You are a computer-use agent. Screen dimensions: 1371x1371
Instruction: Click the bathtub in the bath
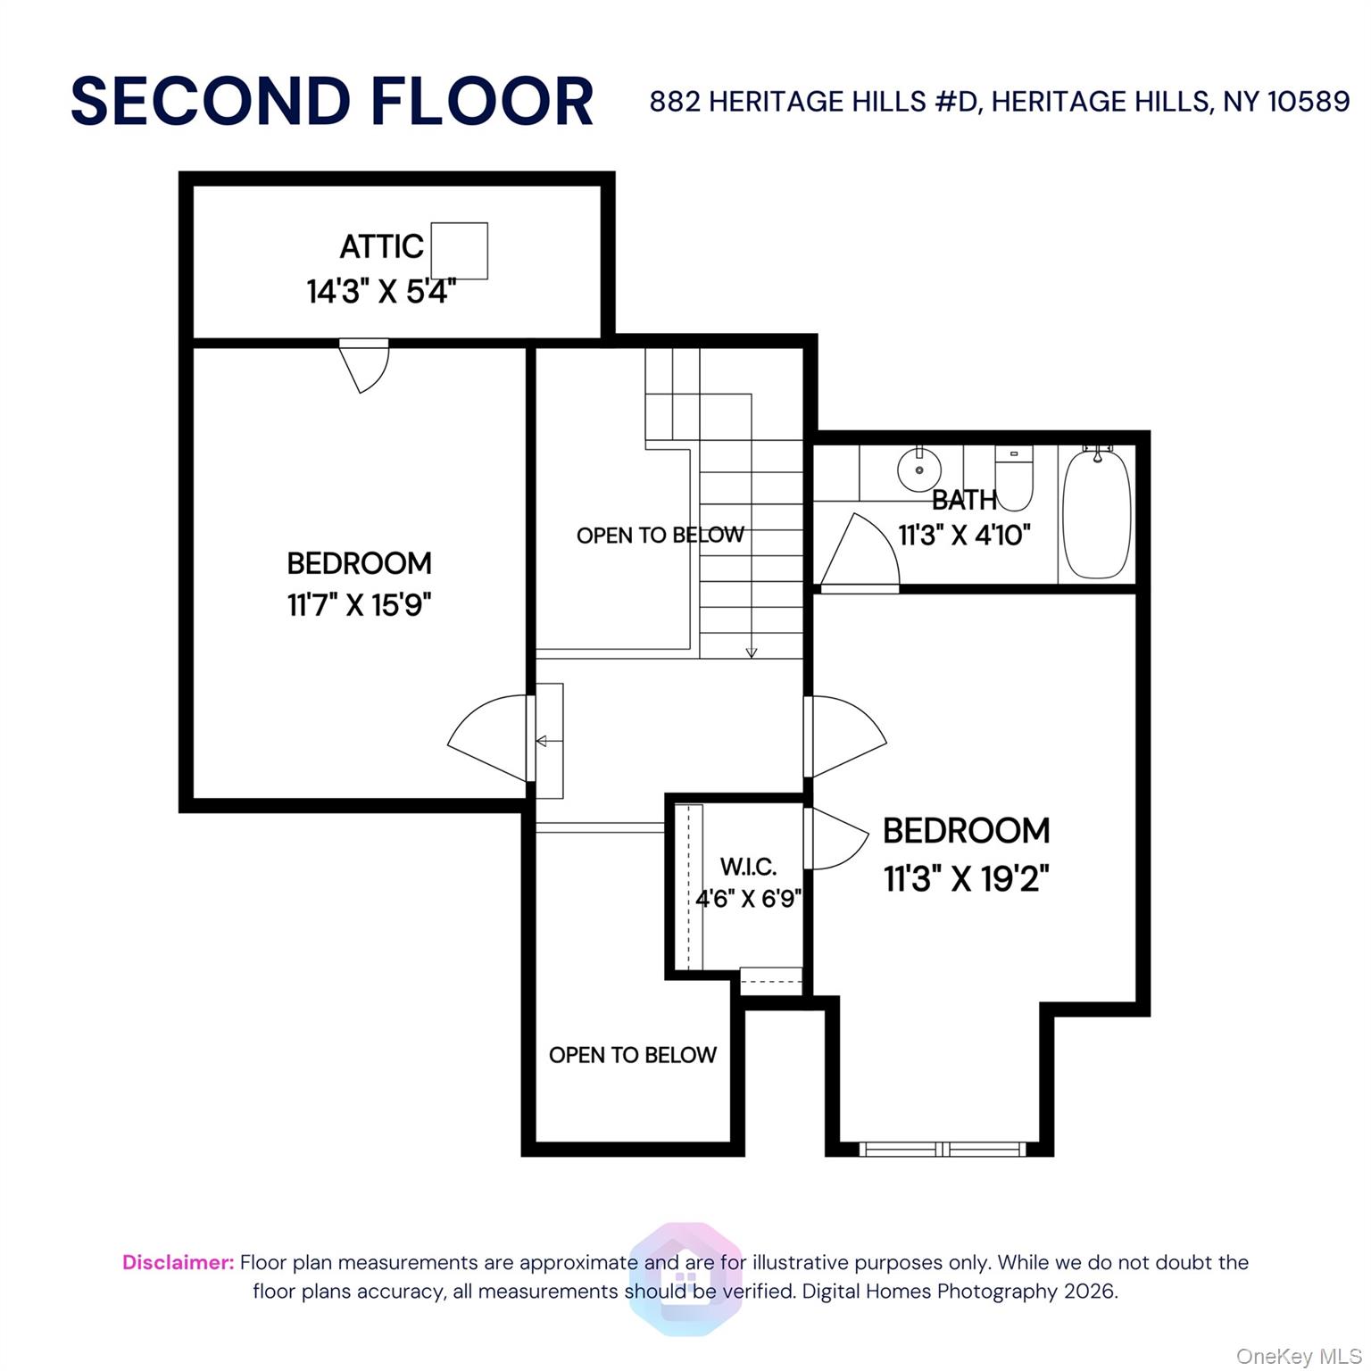click(1097, 516)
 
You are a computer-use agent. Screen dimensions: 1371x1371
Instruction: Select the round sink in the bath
click(919, 469)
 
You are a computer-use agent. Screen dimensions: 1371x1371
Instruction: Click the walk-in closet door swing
click(835, 837)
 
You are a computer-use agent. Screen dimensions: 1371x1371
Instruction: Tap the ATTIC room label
click(381, 246)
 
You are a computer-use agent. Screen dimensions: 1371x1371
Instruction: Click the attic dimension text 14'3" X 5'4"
click(381, 291)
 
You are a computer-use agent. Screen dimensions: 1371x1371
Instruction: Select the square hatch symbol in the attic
click(460, 251)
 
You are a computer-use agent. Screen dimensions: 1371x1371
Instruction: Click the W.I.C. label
click(748, 867)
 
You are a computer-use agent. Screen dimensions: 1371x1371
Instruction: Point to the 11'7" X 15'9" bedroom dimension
click(359, 605)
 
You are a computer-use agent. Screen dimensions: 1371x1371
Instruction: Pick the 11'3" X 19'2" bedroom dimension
click(966, 879)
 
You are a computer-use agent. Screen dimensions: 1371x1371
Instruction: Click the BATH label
click(964, 500)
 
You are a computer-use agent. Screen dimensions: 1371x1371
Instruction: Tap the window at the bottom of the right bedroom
click(943, 1149)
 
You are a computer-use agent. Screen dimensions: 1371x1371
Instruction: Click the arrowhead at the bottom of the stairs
click(752, 652)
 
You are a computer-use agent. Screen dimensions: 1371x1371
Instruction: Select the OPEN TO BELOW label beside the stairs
click(660, 536)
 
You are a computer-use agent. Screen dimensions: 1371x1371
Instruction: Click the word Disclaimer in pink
click(178, 1262)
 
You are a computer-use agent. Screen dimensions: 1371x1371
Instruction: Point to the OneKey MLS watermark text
click(1298, 1357)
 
